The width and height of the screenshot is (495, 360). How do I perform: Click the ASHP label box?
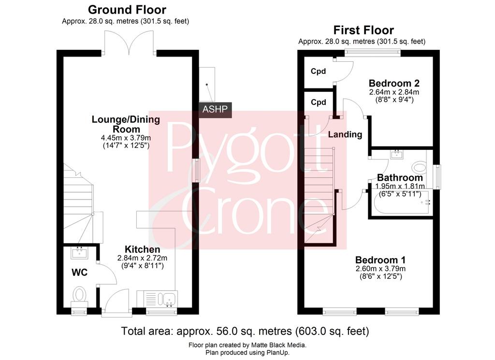[215, 110]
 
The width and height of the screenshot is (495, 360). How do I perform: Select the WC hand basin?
[79, 253]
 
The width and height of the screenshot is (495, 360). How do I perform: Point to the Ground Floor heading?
[127, 10]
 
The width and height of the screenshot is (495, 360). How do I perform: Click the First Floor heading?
[364, 30]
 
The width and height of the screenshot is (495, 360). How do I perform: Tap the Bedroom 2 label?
[394, 83]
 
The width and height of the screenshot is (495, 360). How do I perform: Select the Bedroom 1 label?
[380, 260]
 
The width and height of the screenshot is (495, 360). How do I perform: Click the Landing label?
[345, 134]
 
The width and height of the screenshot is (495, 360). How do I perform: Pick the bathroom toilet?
[420, 166]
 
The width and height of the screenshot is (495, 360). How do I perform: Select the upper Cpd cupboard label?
[318, 72]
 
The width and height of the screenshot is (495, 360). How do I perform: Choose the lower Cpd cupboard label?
[318, 102]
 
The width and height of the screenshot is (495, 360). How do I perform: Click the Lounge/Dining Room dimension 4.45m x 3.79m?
[126, 138]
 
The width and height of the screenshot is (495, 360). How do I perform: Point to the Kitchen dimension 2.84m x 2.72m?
[143, 258]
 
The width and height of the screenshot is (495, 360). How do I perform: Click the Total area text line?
[245, 331]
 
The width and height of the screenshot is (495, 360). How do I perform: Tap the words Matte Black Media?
[278, 345]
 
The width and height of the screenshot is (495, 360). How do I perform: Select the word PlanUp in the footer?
[279, 352]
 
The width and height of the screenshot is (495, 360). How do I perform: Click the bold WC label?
[80, 272]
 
